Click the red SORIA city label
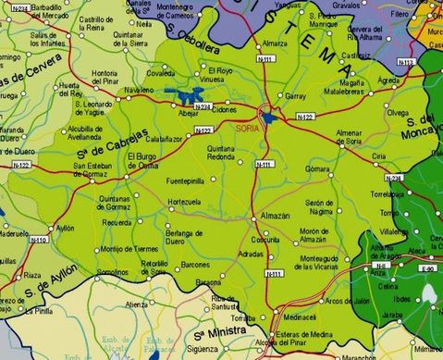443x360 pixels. point(248,128)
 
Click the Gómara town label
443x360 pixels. point(318,170)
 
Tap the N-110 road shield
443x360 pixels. point(38,240)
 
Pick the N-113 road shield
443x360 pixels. point(405,62)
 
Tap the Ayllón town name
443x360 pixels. point(65,228)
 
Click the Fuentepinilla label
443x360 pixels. point(184,180)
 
